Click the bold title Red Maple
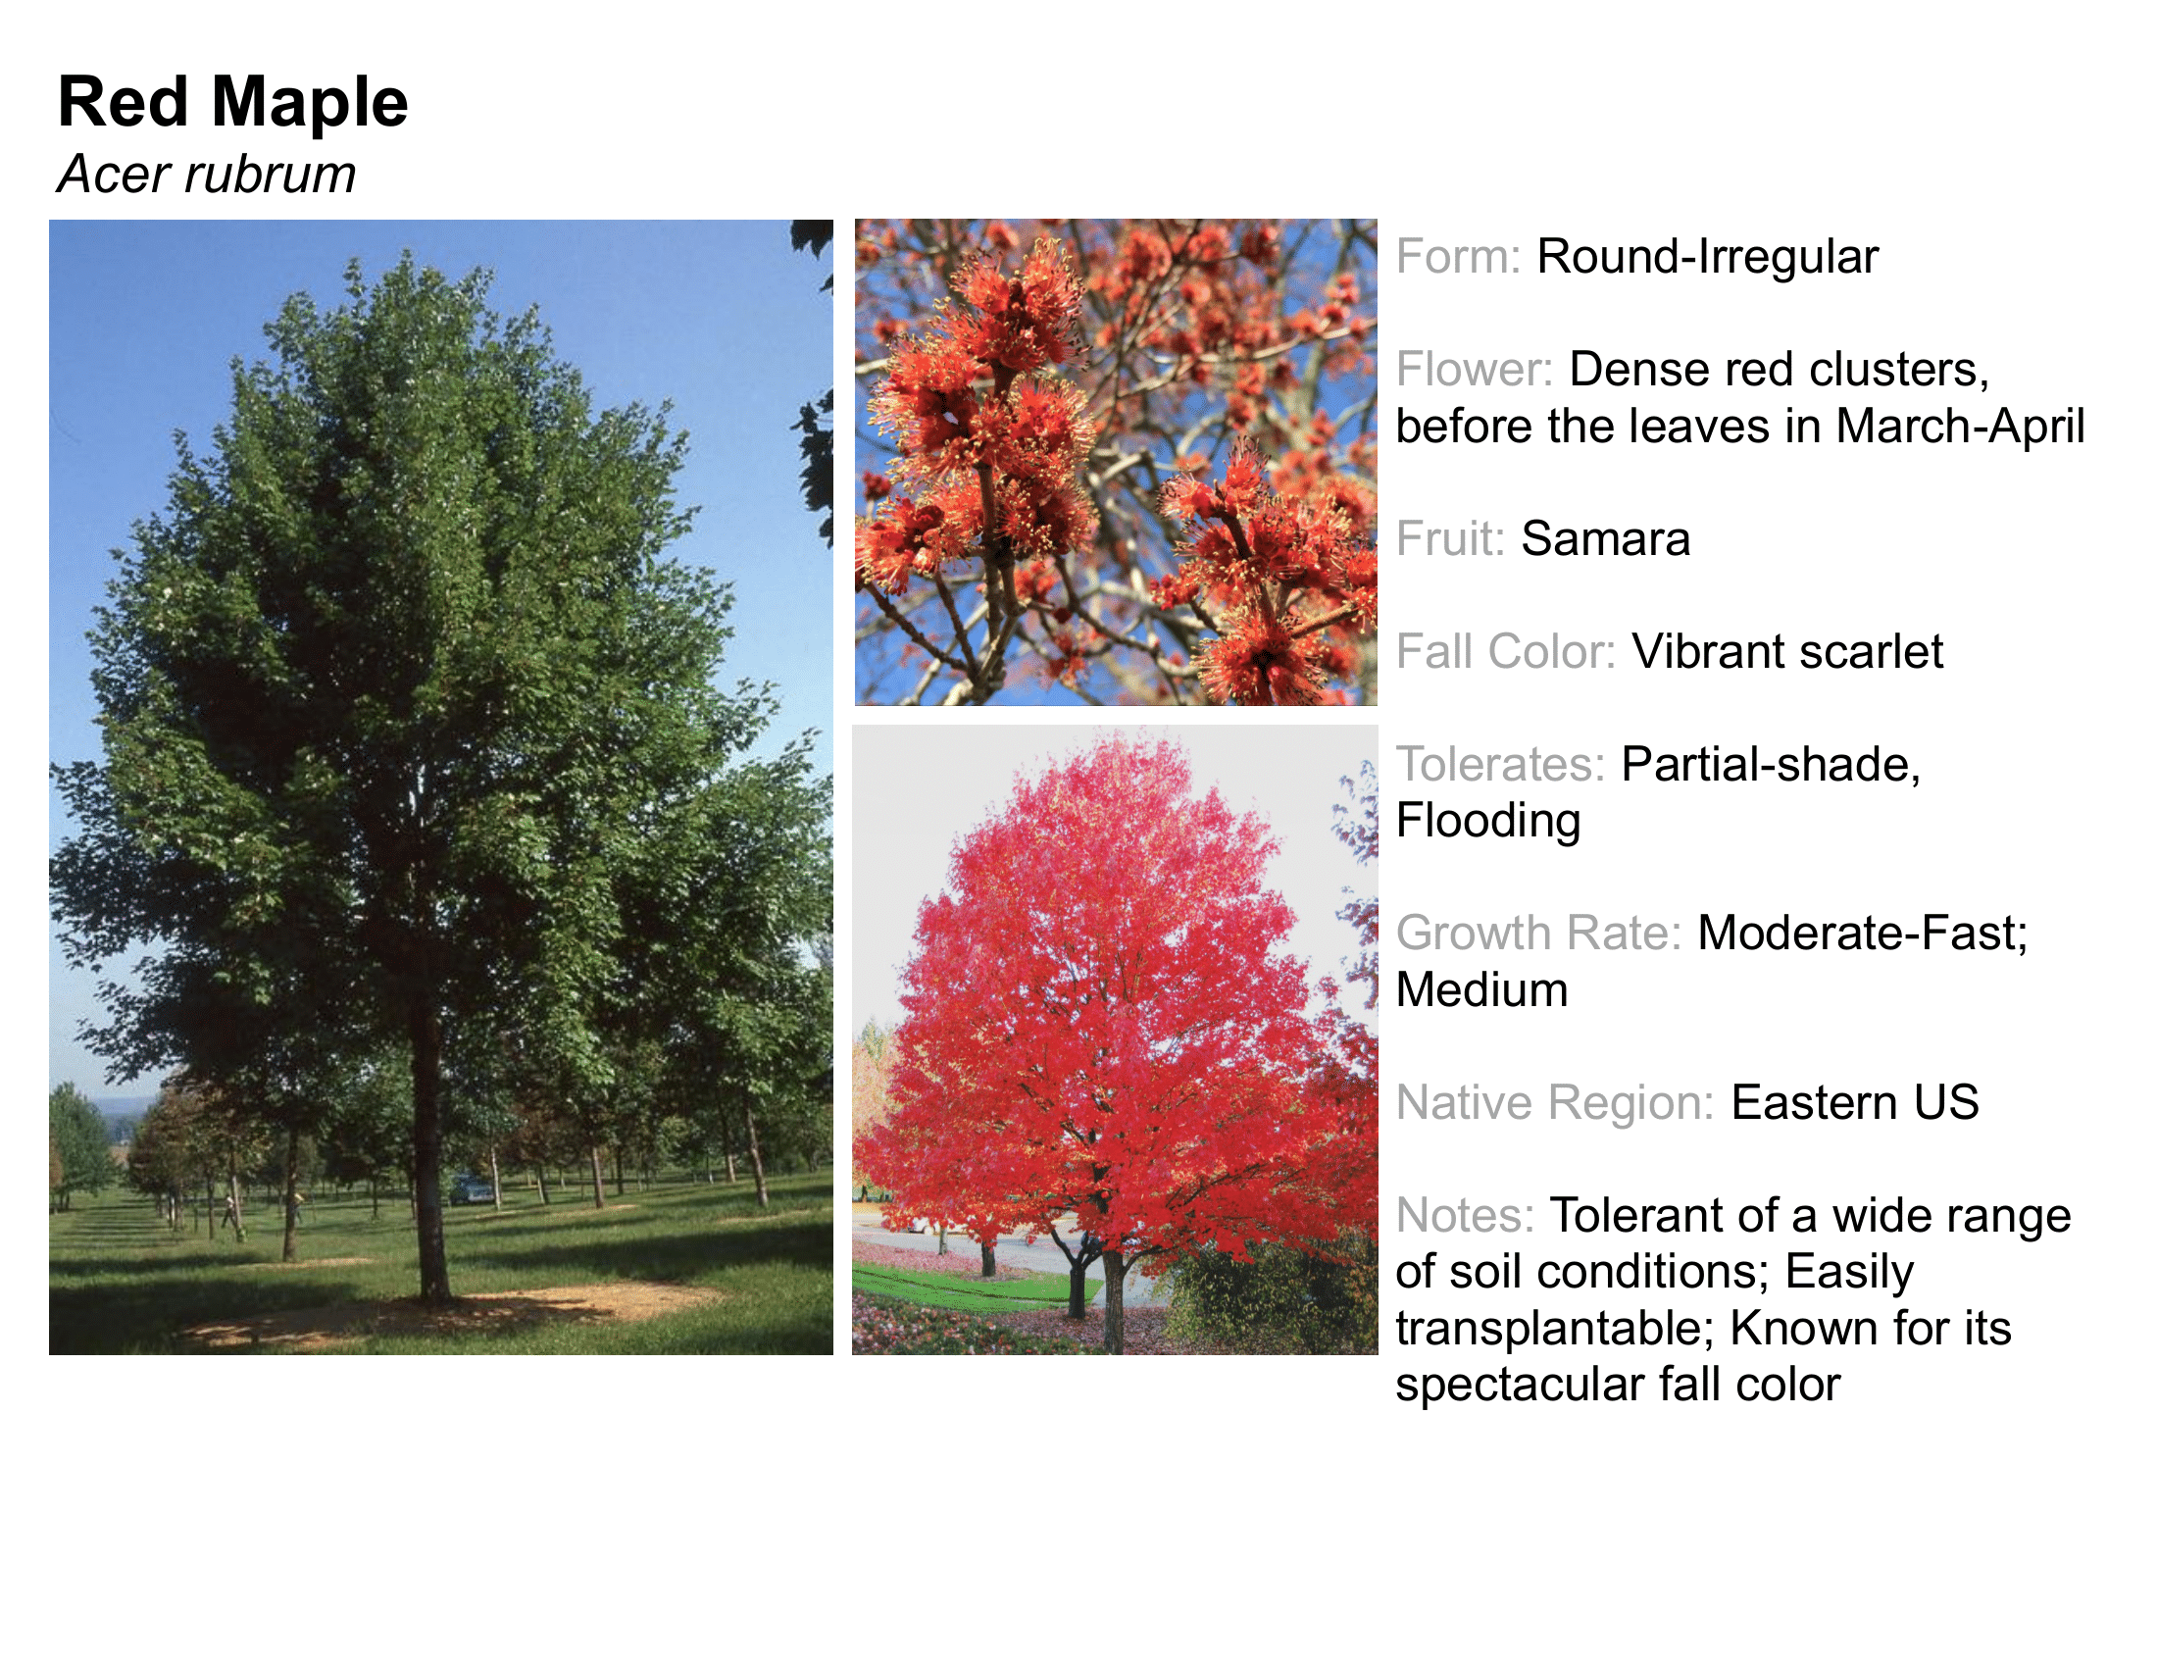coord(233,103)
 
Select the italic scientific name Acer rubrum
coord(207,175)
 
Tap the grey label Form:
coord(1459,257)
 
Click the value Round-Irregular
coord(1708,257)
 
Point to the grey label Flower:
coord(1475,370)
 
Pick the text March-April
coord(1961,427)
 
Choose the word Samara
coord(1606,539)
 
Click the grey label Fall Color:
coord(1506,652)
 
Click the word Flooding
coord(1488,822)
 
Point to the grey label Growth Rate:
coord(1538,934)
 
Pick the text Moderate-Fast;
coord(1863,934)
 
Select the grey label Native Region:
coord(1556,1103)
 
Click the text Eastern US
coord(1855,1103)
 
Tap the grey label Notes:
coord(1466,1216)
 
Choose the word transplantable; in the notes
coord(1554,1330)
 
